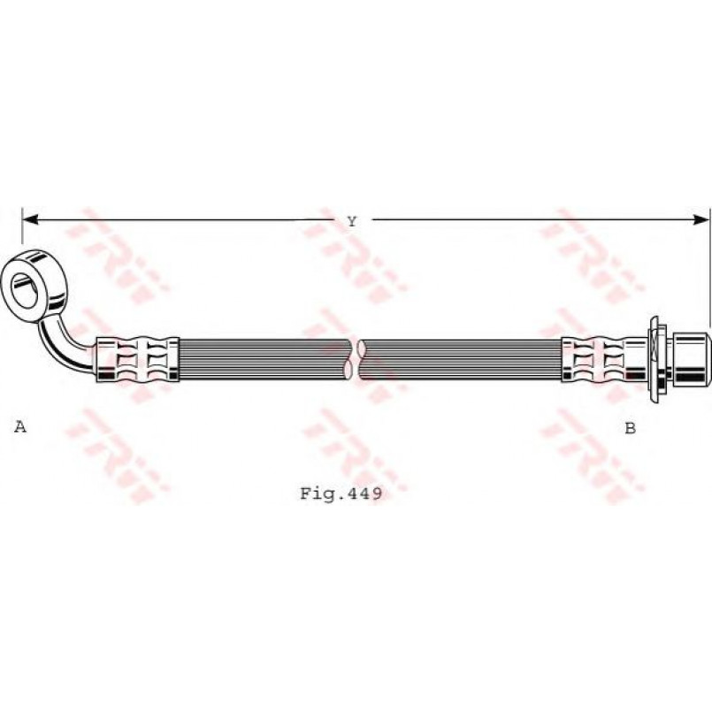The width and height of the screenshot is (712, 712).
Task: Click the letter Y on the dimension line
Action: [352, 222]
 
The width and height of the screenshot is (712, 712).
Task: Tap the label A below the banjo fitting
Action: [20, 426]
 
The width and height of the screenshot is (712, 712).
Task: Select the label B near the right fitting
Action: [631, 428]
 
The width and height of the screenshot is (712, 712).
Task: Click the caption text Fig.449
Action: [341, 494]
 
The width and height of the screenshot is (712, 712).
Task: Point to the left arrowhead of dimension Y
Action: [30, 219]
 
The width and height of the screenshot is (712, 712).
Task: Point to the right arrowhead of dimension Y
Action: [701, 219]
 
